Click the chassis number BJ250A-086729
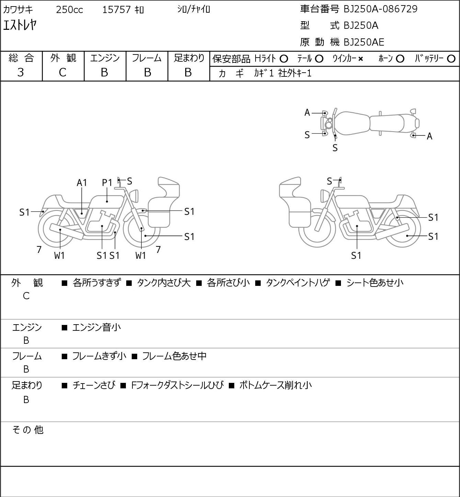[x=380, y=9]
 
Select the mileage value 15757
[x=116, y=10]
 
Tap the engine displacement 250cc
[x=69, y=10]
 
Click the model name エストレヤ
[x=20, y=25]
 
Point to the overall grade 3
[x=21, y=73]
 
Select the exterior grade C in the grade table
[x=63, y=73]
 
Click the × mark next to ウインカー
[x=361, y=59]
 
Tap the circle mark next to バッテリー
[x=451, y=59]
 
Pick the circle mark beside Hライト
[x=284, y=59]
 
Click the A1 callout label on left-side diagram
[x=82, y=183]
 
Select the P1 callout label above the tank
[x=107, y=183]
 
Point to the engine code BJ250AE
[x=364, y=42]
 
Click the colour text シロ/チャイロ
[x=193, y=10]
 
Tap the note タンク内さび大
[x=164, y=283]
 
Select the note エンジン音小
[x=96, y=327]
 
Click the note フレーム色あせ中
[x=174, y=356]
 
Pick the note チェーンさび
[x=94, y=385]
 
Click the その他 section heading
[x=28, y=430]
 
